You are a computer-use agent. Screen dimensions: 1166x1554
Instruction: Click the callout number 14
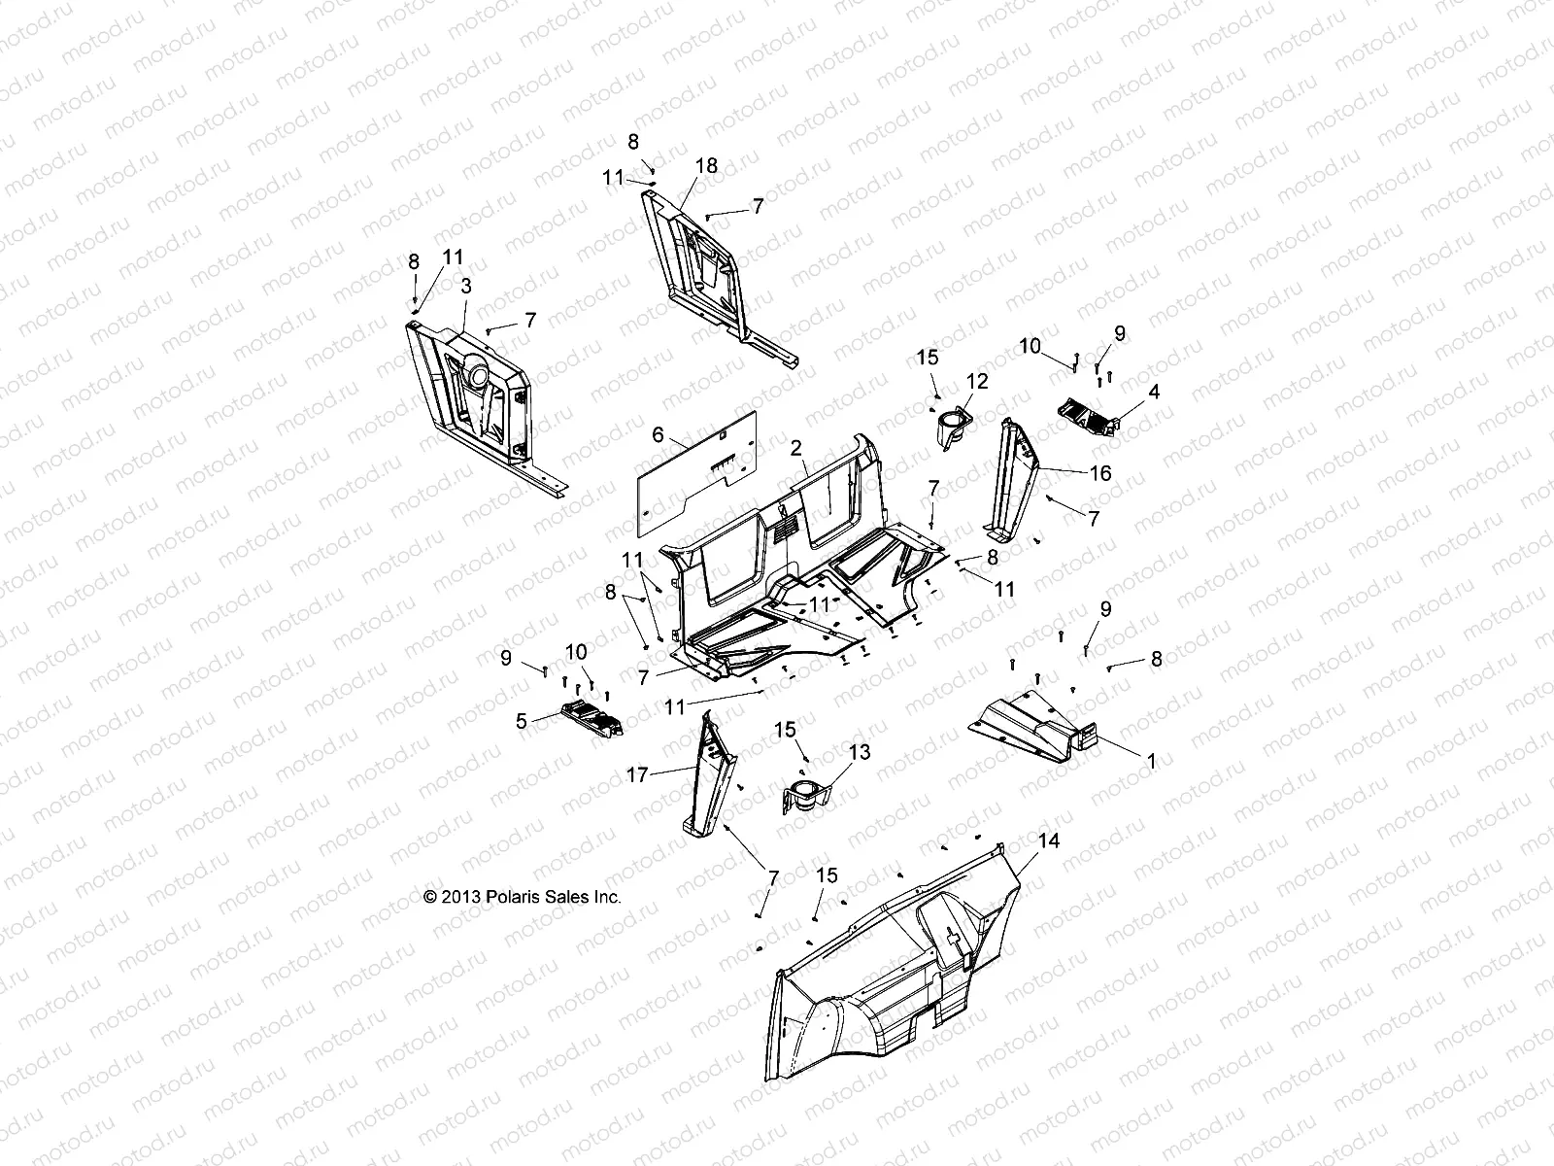[1048, 840]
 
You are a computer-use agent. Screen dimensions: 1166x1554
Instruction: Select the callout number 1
[1152, 762]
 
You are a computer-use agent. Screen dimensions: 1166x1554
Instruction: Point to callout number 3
[466, 286]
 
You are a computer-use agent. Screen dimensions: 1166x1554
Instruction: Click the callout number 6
[658, 434]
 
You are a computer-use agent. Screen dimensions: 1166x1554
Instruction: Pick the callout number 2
[796, 448]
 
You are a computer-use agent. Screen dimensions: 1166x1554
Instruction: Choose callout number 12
[976, 382]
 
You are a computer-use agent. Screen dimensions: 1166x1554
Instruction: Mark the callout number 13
[860, 752]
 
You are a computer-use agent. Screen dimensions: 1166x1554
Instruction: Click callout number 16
[1100, 474]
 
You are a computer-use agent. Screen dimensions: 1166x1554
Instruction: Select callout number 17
[637, 775]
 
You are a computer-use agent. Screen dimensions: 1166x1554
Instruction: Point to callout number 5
[521, 721]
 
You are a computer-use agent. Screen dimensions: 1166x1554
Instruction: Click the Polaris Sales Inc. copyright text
[523, 898]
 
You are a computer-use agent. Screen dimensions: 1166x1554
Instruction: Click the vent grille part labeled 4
[1107, 416]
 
